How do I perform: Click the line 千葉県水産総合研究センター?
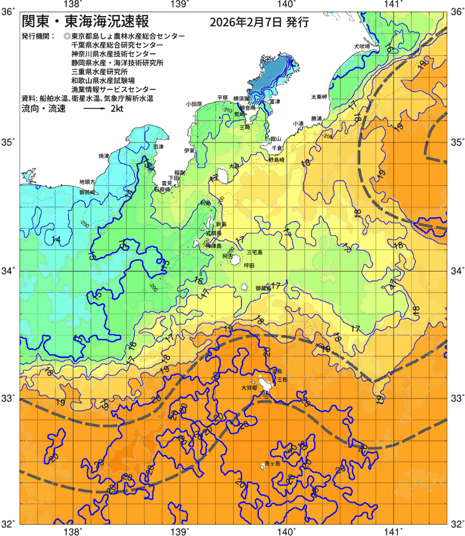[116, 45]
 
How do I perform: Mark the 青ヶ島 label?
[272, 463]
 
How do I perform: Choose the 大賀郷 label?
[249, 387]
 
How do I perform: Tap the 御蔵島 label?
[263, 288]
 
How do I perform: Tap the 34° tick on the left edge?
[10, 271]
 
